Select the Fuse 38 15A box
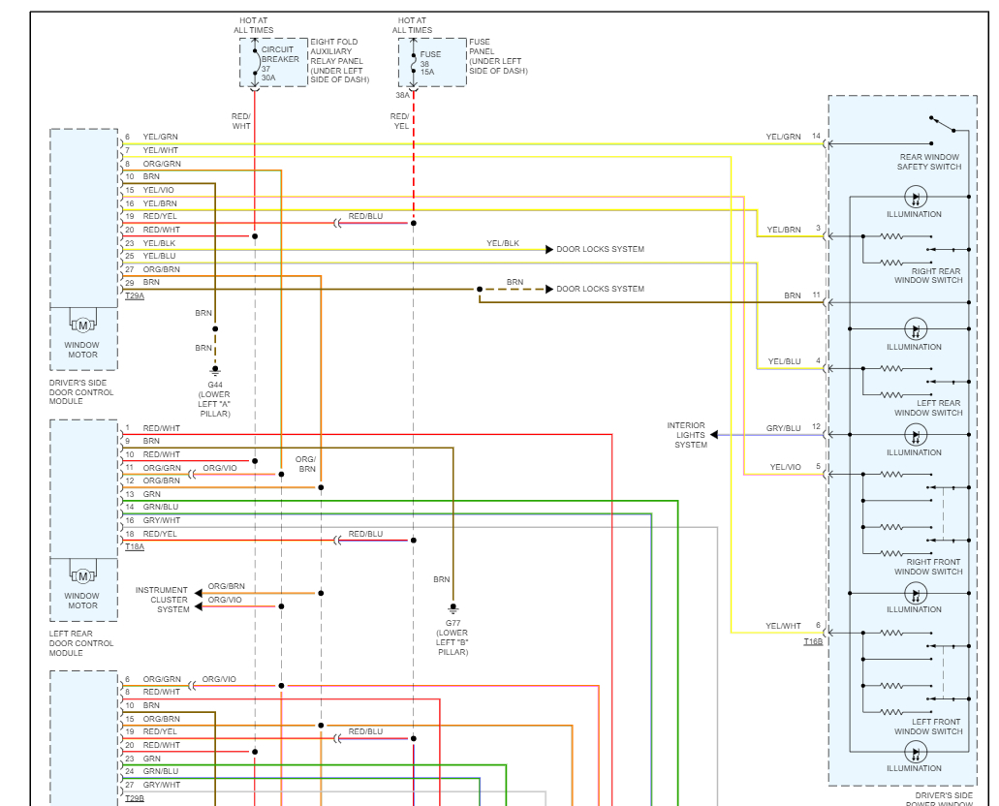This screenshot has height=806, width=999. pyautogui.click(x=431, y=63)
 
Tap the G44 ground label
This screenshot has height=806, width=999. pyautogui.click(x=215, y=385)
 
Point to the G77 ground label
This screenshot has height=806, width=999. pyautogui.click(x=452, y=622)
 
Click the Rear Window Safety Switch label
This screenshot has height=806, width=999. pyautogui.click(x=928, y=162)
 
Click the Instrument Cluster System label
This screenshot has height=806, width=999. pyautogui.click(x=162, y=600)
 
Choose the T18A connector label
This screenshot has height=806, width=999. pyautogui.click(x=134, y=546)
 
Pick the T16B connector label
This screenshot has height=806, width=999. pyautogui.click(x=812, y=641)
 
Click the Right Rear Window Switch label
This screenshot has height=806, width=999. pyautogui.click(x=928, y=276)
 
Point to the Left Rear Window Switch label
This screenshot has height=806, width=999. pyautogui.click(x=928, y=408)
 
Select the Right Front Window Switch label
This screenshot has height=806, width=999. pyautogui.click(x=928, y=567)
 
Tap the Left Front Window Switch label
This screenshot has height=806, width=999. pyautogui.click(x=928, y=727)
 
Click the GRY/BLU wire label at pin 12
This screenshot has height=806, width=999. pyautogui.click(x=783, y=427)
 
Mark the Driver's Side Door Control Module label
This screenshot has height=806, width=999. pyautogui.click(x=81, y=392)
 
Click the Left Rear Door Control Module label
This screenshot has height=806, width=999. pyautogui.click(x=81, y=643)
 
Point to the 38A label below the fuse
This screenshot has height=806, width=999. pyautogui.click(x=402, y=95)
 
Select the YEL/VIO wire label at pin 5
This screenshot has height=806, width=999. pyautogui.click(x=785, y=467)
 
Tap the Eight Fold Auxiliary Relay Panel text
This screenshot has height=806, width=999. pyautogui.click(x=336, y=60)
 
